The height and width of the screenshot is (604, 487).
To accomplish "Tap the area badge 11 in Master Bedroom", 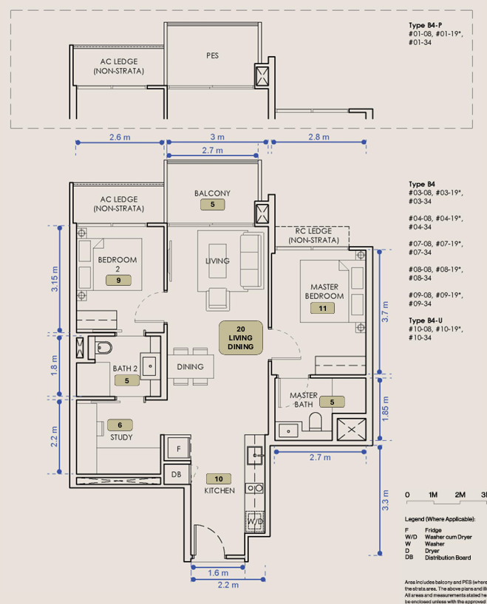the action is pyautogui.click(x=322, y=309).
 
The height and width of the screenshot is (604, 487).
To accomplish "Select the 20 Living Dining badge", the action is pyautogui.click(x=241, y=337).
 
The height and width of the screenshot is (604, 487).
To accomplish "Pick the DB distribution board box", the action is pyautogui.click(x=177, y=475).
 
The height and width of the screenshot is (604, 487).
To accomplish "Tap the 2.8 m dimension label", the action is pyautogui.click(x=319, y=138).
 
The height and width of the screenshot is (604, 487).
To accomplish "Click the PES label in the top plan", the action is pyautogui.click(x=212, y=55).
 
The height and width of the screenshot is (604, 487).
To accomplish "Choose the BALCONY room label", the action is pyautogui.click(x=212, y=193).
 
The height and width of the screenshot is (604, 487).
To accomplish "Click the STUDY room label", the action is pyautogui.click(x=121, y=437).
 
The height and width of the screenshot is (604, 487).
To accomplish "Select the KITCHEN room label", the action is pyautogui.click(x=219, y=490).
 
